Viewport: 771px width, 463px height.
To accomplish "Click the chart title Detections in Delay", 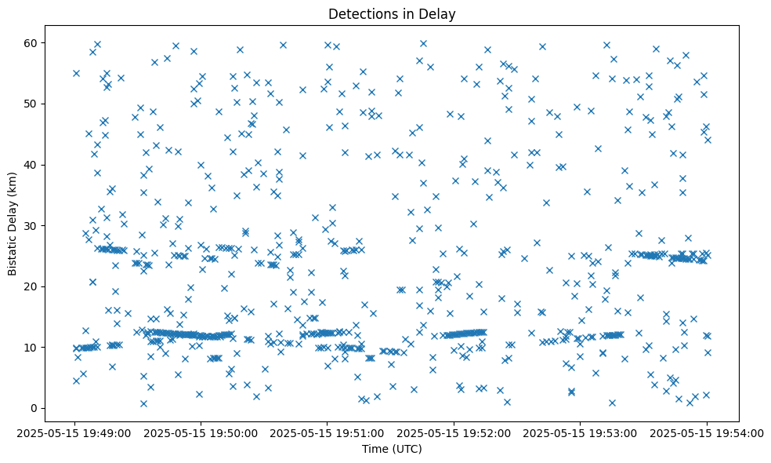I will tap(392, 14).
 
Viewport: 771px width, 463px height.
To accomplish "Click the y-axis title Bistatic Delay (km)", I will tap(13, 213).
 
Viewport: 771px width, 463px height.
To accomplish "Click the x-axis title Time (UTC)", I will tap(392, 449).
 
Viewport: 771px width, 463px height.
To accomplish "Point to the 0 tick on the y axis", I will tap(34, 408).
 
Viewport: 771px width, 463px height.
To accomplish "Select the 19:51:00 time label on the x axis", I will tap(328, 432).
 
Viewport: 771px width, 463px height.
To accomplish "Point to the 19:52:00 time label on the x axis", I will tap(454, 432).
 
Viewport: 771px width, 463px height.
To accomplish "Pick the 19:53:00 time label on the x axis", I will tap(581, 432).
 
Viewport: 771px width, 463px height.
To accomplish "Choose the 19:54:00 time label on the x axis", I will tap(707, 432).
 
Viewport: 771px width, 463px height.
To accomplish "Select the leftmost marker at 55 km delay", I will tap(76, 73).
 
